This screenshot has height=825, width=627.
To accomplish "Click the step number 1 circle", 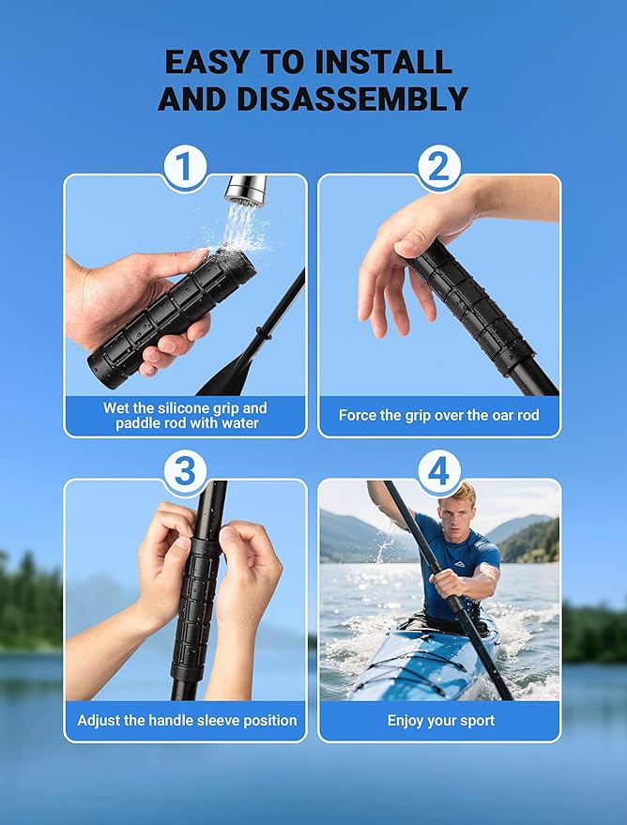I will point(186,169).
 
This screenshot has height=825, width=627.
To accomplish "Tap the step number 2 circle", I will point(439,169).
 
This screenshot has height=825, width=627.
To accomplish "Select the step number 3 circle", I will point(186,472).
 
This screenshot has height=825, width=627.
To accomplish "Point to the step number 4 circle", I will point(439,472).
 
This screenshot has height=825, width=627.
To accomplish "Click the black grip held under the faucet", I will point(169,314).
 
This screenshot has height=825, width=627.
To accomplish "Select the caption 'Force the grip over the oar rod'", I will point(439,415).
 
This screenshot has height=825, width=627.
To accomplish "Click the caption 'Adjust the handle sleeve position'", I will point(187,721).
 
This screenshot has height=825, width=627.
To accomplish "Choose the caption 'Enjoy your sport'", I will point(439,721).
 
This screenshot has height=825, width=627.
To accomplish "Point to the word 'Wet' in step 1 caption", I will point(117,408).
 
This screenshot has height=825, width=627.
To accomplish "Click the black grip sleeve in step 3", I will point(196,601).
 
